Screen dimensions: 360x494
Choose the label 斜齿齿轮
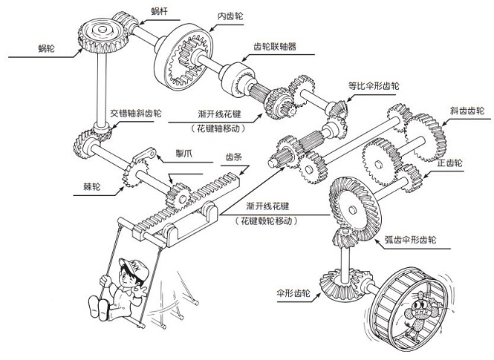[x=467, y=111]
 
